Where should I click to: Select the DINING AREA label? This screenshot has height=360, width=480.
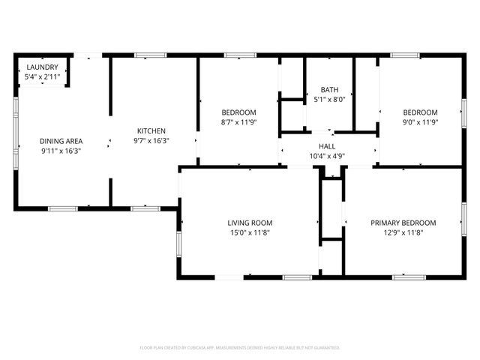point(61,141)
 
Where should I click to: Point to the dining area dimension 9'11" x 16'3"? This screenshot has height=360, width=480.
point(61,151)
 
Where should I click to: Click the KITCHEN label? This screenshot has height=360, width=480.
point(151,130)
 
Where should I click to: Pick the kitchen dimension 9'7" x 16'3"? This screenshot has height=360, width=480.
point(151,140)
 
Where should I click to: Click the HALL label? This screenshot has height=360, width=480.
point(327,146)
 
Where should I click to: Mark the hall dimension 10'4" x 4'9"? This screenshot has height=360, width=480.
point(327,156)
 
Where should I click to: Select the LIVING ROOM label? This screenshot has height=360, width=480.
point(250,223)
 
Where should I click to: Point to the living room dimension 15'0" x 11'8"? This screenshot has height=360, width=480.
point(250,232)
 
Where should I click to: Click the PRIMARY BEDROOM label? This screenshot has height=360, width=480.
point(403,223)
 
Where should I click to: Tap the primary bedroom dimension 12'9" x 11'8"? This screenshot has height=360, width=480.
point(403,232)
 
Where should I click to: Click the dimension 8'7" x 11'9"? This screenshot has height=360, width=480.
point(238,122)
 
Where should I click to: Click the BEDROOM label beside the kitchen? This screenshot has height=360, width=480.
point(238,112)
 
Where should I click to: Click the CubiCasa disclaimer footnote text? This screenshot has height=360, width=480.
point(240,347)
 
